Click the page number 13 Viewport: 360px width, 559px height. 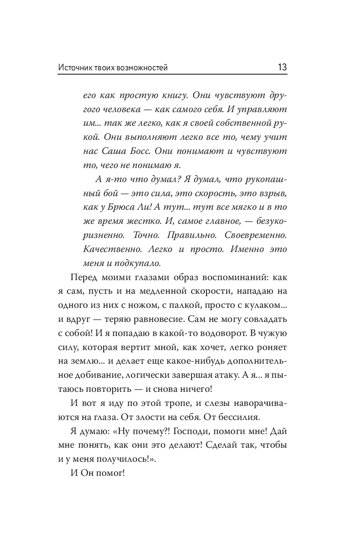coord(282,67)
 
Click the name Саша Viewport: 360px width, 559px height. coord(112,151)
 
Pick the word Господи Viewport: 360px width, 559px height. coord(185,432)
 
